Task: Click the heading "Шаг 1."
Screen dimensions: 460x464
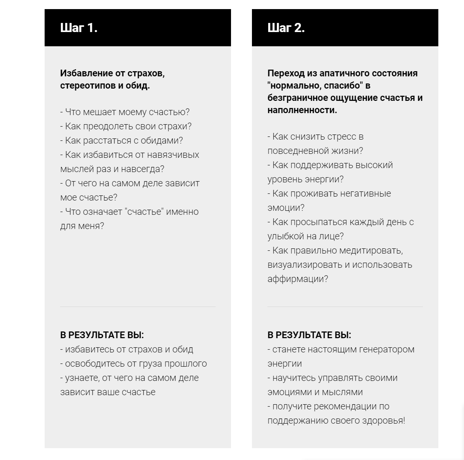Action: tap(79, 28)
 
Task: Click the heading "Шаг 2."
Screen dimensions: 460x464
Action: tap(286, 28)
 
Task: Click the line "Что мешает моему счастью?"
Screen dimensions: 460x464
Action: tap(125, 112)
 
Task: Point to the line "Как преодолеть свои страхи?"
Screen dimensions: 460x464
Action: tap(126, 126)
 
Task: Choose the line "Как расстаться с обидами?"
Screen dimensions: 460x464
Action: tap(121, 140)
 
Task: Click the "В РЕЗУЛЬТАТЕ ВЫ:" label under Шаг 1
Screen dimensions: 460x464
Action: tap(102, 335)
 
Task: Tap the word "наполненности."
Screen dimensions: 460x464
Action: tap(302, 110)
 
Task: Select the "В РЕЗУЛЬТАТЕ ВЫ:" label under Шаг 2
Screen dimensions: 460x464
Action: tap(309, 335)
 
